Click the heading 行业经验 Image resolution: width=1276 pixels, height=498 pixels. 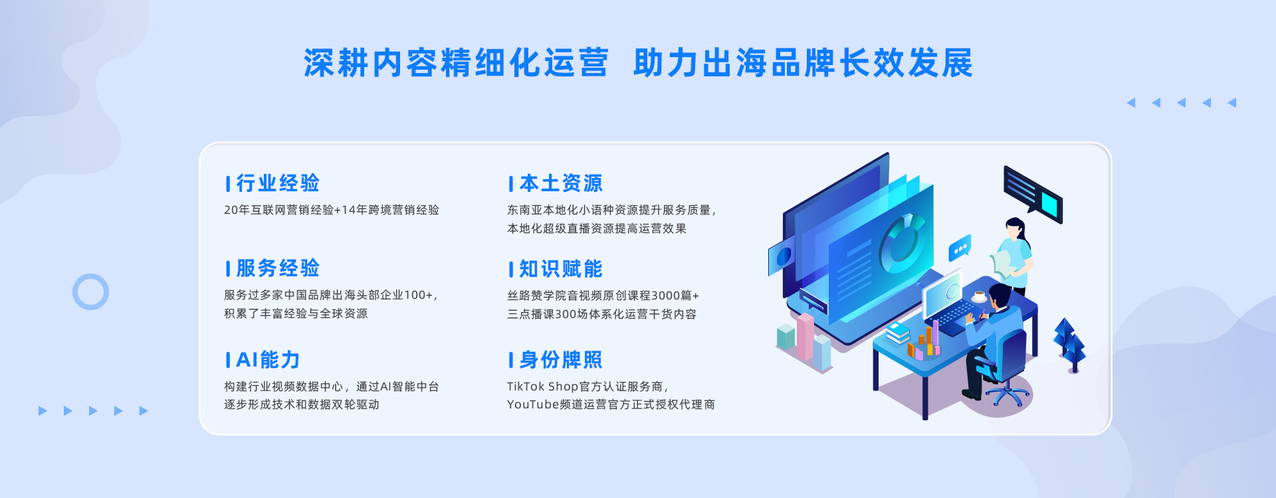pyautogui.click(x=278, y=183)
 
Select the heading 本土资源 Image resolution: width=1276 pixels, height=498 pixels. pyautogui.click(x=561, y=183)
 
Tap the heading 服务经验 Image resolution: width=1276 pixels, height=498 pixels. pyautogui.click(x=278, y=268)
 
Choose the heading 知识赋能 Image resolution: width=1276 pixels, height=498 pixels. pyautogui.click(x=561, y=269)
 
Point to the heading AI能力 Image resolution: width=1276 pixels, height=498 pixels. pyautogui.click(x=268, y=360)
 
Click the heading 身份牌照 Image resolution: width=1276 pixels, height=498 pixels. pyautogui.click(x=561, y=360)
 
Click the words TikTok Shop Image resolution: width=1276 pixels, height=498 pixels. pyautogui.click(x=542, y=386)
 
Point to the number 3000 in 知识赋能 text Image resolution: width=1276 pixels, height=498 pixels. pyautogui.click(x=665, y=295)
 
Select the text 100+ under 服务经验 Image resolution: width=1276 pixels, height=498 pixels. pyautogui.click(x=418, y=295)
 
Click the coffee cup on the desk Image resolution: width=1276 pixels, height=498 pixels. pyautogui.click(x=980, y=296)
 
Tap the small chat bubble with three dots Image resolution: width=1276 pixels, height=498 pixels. pyautogui.click(x=959, y=248)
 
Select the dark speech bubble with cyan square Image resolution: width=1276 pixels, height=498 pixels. pyautogui.click(x=1033, y=194)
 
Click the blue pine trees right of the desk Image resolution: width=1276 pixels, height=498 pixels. pyautogui.click(x=1070, y=344)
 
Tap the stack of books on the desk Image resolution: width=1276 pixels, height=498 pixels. pyautogui.click(x=898, y=332)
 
